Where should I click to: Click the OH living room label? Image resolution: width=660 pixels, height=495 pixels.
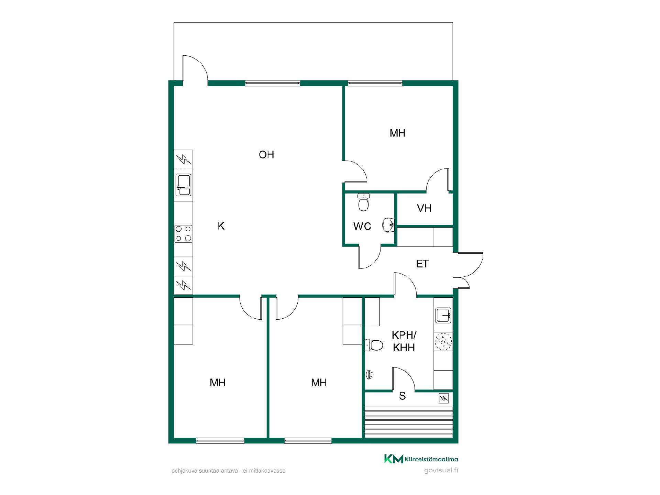[266, 155]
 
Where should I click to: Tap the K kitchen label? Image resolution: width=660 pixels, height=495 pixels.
[221, 226]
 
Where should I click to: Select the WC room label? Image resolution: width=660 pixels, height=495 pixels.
[362, 226]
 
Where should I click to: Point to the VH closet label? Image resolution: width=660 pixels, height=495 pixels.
[424, 208]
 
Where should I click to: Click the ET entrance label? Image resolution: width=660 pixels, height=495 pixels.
[422, 264]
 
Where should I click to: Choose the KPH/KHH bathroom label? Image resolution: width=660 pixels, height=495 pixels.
[404, 341]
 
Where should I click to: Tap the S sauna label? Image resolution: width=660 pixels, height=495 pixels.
[403, 396]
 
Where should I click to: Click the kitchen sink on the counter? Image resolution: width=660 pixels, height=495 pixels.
[183, 185]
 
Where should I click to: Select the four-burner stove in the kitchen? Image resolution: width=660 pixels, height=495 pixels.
[183, 233]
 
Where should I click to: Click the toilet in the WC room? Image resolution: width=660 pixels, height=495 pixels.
[363, 202]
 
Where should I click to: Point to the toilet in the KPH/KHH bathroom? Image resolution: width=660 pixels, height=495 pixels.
[374, 345]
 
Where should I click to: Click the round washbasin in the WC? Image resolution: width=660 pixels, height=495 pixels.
[388, 225]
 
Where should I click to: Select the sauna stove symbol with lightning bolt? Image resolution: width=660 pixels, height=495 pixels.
[444, 398]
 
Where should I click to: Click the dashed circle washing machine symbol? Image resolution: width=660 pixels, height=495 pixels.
[443, 341]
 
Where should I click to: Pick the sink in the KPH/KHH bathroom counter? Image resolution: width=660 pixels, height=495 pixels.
[443, 315]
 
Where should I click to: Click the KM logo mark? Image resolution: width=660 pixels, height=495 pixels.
[394, 459]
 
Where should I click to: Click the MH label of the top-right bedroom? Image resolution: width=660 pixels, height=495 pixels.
[397, 133]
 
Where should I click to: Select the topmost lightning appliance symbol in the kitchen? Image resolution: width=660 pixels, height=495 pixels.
[183, 159]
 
